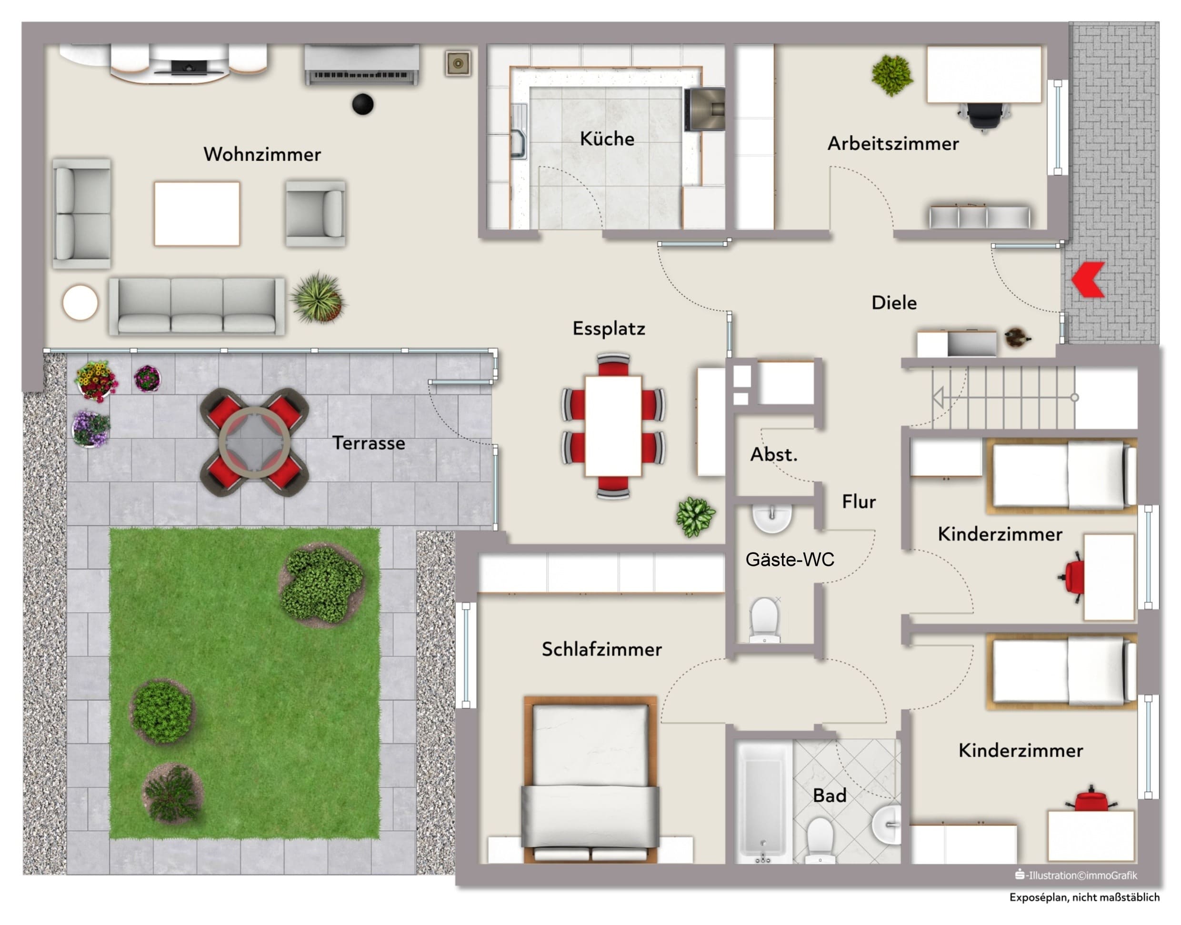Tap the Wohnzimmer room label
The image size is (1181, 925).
tap(262, 154)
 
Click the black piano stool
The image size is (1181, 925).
tap(362, 104)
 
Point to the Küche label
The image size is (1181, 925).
tap(607, 139)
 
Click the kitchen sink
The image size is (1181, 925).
tap(518, 131)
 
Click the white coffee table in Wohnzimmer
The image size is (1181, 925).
tap(197, 213)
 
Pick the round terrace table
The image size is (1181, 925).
tap(254, 442)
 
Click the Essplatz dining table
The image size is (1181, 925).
tap(613, 426)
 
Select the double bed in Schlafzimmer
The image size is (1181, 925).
tap(590, 780)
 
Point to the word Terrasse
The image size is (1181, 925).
tap(369, 443)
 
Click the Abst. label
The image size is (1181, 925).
tap(774, 454)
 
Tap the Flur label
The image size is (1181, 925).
tap(859, 502)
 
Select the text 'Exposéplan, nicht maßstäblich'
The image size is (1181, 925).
tap(1084, 897)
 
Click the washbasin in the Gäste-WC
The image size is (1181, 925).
tap(772, 518)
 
